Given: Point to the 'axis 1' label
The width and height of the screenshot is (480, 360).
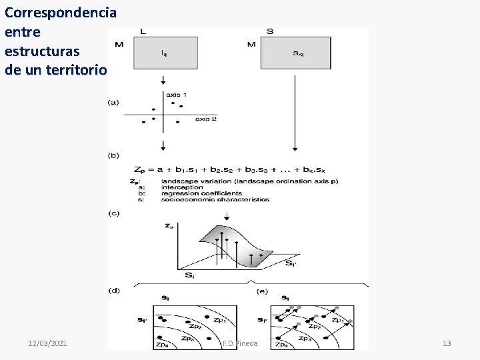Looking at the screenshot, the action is click(x=177, y=95).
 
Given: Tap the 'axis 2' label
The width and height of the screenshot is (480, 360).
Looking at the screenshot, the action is click(x=205, y=119).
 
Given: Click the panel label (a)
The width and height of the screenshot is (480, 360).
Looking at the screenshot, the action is click(x=114, y=102).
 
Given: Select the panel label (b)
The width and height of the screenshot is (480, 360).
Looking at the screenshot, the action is click(x=114, y=155).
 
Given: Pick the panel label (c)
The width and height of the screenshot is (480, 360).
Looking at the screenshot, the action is click(x=114, y=213).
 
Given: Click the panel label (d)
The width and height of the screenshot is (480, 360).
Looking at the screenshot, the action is click(x=114, y=291).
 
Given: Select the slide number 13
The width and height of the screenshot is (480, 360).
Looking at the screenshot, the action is click(x=447, y=343).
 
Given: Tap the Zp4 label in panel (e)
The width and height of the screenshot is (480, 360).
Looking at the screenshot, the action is click(x=282, y=345).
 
